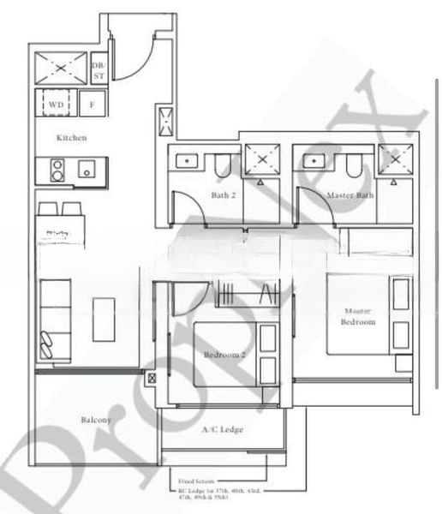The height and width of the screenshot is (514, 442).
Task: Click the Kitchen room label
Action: (x=71, y=137)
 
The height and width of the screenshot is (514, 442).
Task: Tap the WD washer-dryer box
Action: (x=55, y=105)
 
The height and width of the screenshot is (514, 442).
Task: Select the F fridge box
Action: (x=92, y=105)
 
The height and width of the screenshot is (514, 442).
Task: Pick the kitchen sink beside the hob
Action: (x=87, y=170)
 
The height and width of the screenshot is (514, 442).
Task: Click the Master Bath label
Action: (x=349, y=194)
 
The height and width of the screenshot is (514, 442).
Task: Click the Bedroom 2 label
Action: (x=224, y=354)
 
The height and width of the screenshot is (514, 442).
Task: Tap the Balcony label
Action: (x=96, y=420)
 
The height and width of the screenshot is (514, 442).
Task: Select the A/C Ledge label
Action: (x=222, y=429)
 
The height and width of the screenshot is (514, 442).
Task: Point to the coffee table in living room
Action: (x=105, y=318)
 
